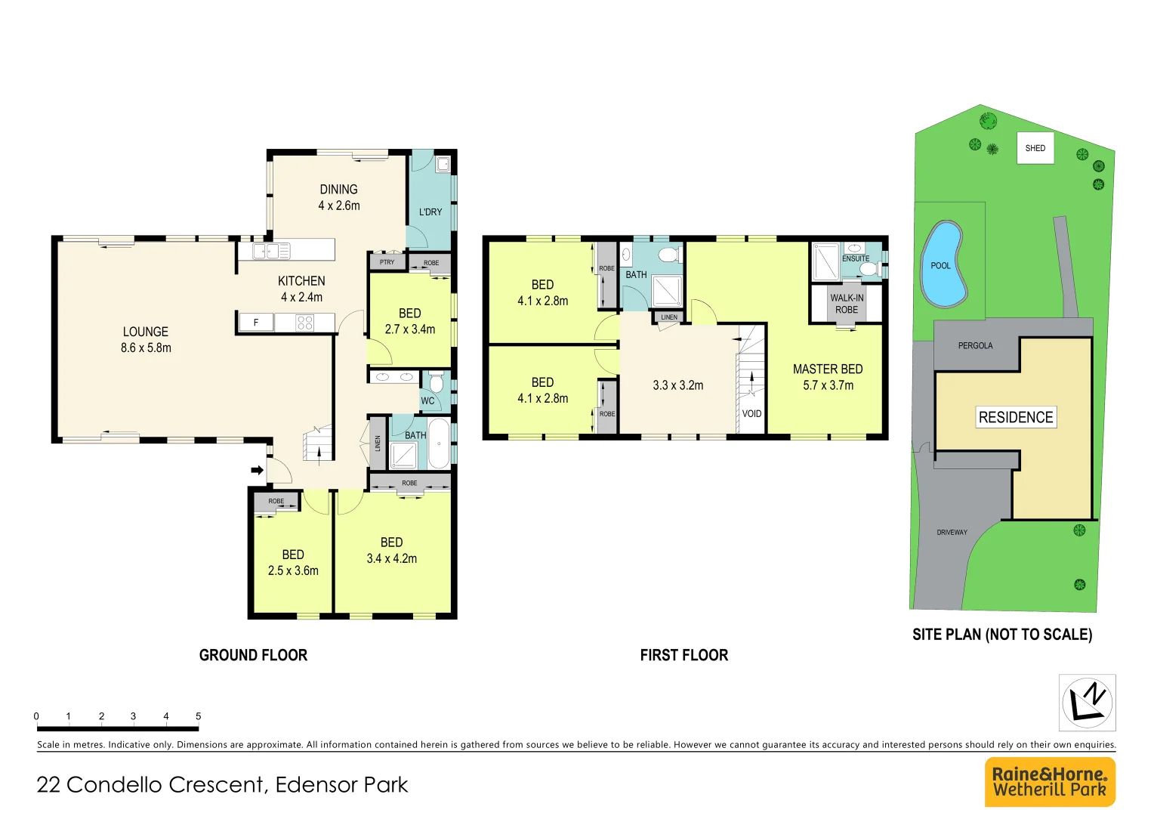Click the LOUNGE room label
point(146,332)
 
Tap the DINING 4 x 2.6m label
point(338,197)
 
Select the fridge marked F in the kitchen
point(256,323)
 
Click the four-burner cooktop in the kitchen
point(304,323)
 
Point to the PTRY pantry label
point(387,262)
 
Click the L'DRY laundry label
point(430,212)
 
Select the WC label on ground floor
point(427,401)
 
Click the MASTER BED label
point(828,369)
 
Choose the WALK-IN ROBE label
point(847,304)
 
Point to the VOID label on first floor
point(751,414)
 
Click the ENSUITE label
point(856,258)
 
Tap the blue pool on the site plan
point(943,264)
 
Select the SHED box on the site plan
point(1035,148)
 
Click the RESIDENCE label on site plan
point(1016,417)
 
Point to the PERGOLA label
point(975,346)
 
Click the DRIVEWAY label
point(952,533)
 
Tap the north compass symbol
point(1087,703)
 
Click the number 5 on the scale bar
point(199,716)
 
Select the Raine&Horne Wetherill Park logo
point(1050,782)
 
